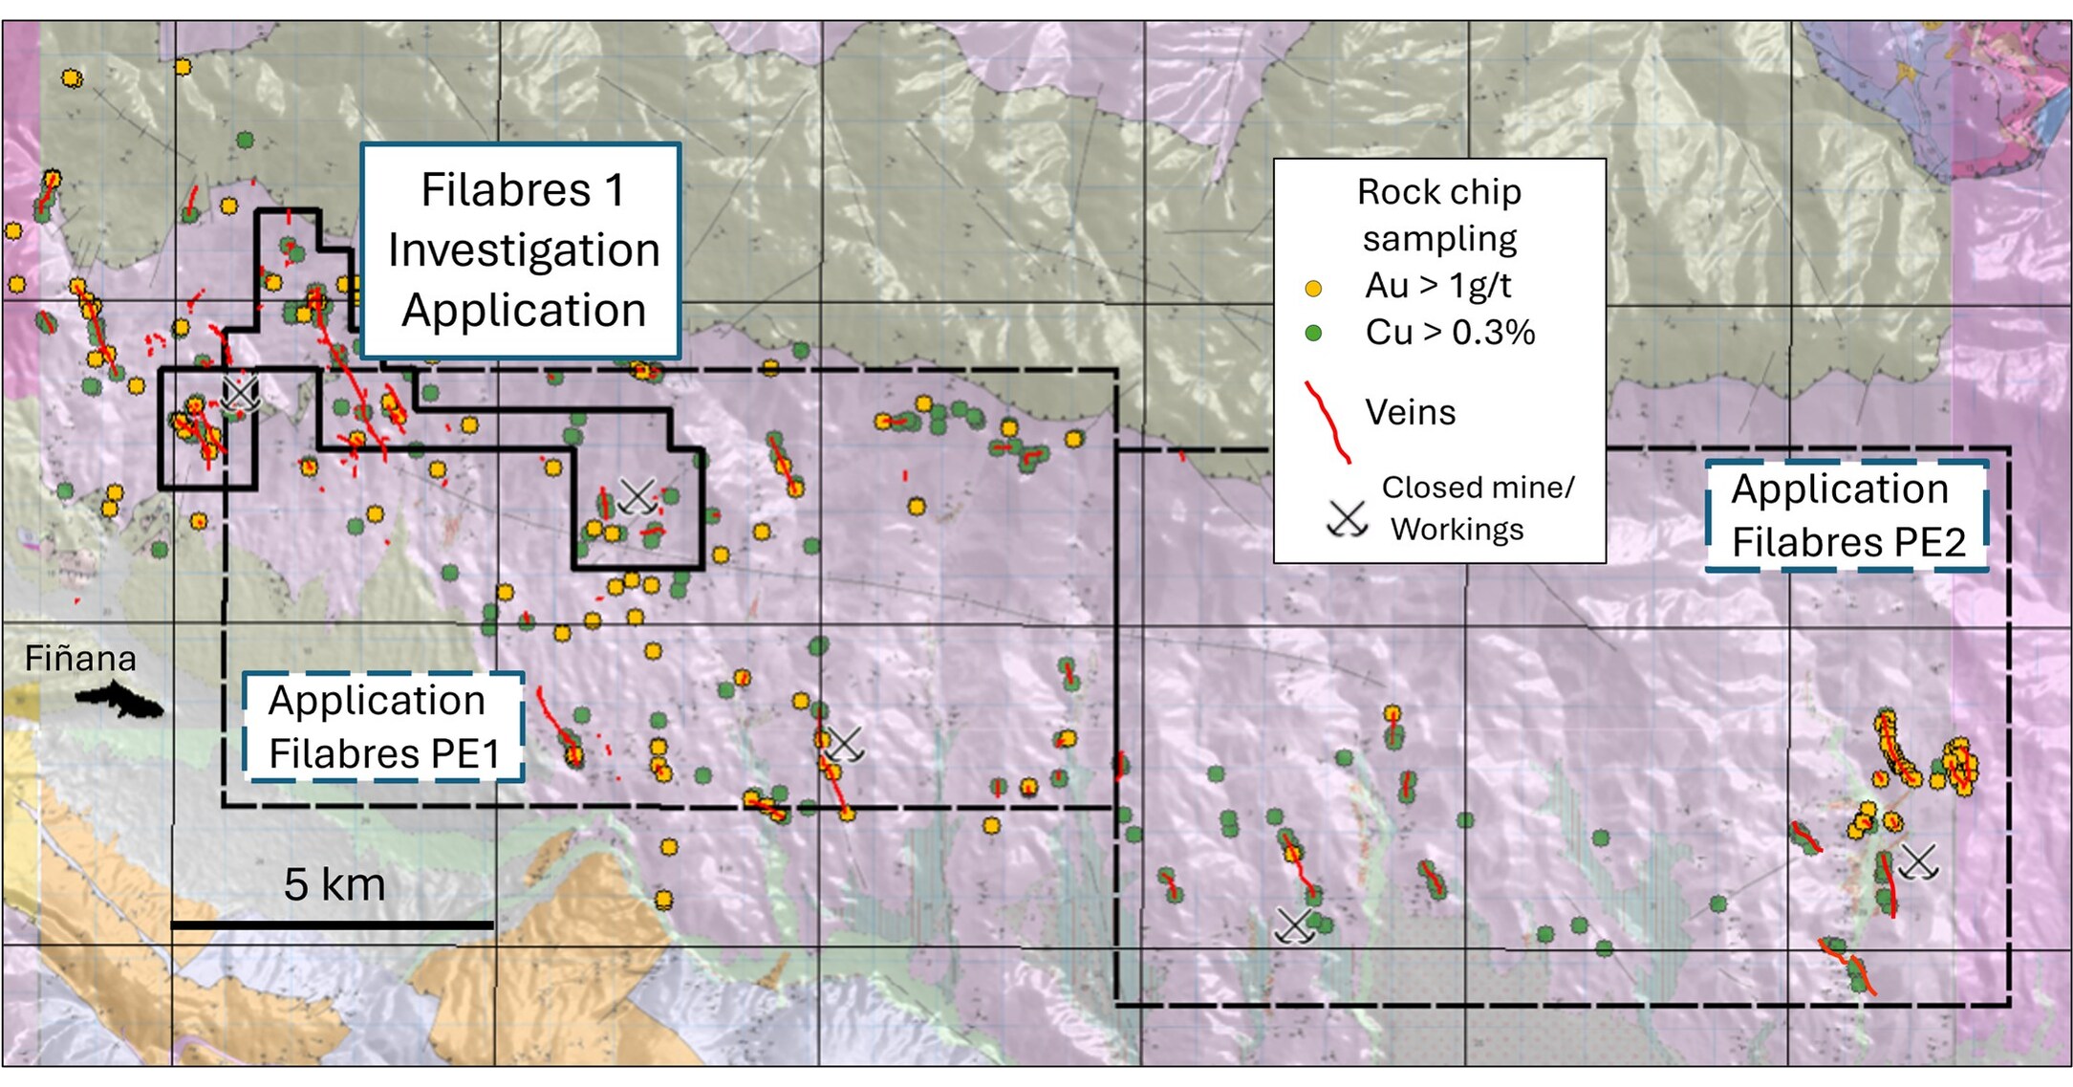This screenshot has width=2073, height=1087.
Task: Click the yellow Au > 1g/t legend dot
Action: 1313,288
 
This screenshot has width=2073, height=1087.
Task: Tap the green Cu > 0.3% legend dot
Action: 1313,333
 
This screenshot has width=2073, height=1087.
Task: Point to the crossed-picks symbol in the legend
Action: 1347,519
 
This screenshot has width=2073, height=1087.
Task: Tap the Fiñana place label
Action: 80,659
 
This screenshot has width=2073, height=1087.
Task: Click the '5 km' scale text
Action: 335,884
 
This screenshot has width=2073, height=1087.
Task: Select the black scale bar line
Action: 332,925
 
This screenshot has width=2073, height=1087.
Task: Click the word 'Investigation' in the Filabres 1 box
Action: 524,250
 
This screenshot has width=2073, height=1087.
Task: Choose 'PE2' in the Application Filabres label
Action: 1930,542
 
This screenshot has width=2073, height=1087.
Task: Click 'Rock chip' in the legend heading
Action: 1438,192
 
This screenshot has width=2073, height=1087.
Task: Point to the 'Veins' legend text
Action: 1410,412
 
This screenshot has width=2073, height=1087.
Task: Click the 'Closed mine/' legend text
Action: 1477,488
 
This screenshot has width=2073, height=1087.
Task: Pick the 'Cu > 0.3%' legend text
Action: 1449,333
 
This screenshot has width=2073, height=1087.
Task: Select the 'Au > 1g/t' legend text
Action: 1437,285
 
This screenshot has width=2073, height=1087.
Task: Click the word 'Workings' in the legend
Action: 1457,529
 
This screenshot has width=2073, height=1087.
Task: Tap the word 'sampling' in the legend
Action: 1439,238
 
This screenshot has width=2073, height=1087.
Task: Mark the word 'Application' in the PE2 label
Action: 1840,489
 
